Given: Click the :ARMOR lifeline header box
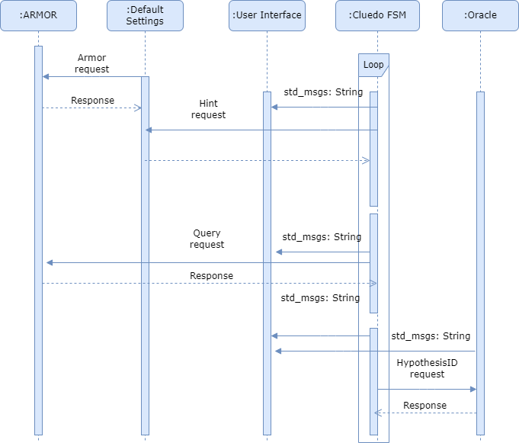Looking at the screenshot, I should click(x=38, y=15).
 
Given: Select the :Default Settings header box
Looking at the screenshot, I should click(x=145, y=15).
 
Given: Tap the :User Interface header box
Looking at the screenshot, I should click(x=267, y=15).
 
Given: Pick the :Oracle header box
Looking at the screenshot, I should click(x=480, y=15).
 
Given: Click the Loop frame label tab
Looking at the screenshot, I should click(x=373, y=65).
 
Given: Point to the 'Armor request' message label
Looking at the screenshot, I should click(x=92, y=64).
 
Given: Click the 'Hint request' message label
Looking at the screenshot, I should click(x=208, y=109).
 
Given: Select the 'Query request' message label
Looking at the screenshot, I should click(x=207, y=239).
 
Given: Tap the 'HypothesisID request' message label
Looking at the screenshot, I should click(x=427, y=369).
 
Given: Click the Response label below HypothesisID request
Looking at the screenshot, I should click(x=424, y=406).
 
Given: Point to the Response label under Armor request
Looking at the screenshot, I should click(x=92, y=101).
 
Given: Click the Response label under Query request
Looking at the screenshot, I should click(x=211, y=276).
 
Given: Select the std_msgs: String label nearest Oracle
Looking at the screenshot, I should click(x=431, y=336).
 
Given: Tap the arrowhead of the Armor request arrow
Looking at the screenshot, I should click(x=46, y=76).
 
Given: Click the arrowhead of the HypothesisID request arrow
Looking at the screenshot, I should click(x=473, y=389).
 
